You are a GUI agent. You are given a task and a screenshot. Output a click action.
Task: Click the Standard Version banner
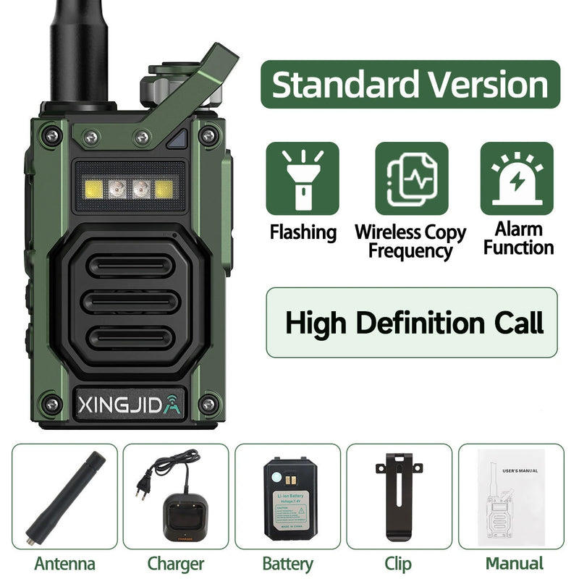(410, 85)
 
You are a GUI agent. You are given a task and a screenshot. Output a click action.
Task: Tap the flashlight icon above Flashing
(302, 178)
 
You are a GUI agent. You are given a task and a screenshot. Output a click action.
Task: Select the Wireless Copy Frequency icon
(411, 178)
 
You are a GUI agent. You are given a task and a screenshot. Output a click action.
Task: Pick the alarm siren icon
(517, 178)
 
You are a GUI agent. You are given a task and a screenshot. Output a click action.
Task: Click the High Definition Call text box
(412, 323)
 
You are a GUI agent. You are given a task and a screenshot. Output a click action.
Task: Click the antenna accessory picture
(64, 498)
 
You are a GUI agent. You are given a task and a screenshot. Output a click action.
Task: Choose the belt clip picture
(399, 498)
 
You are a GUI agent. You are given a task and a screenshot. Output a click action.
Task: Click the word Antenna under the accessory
(64, 563)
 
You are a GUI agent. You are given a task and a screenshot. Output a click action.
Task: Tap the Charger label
(176, 563)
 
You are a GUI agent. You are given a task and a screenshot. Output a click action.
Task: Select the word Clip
(399, 563)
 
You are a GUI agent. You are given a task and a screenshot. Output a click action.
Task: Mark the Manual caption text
(514, 563)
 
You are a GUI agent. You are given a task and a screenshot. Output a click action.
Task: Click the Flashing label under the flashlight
(303, 232)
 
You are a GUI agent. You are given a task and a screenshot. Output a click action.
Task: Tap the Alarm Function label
(518, 238)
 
